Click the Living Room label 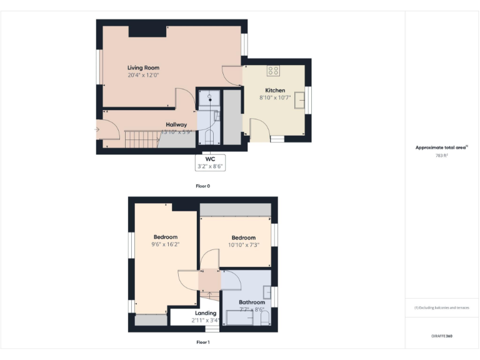click(143, 67)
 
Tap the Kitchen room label click(275, 91)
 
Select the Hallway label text click(176, 124)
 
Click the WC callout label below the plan click(210, 159)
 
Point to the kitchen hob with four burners click(273, 71)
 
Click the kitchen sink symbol click(301, 99)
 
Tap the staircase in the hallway click(140, 138)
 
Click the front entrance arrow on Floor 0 click(97, 129)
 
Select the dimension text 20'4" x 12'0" click(143, 75)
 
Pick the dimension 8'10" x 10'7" click(275, 97)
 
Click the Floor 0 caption click(202, 186)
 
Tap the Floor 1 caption click(202, 342)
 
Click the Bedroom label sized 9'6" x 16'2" click(166, 237)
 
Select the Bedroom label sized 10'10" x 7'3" click(243, 237)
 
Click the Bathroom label click(252, 302)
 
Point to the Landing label click(206, 313)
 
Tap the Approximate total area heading click(441, 147)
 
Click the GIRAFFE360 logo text click(441, 336)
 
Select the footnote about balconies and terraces click(441, 307)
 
